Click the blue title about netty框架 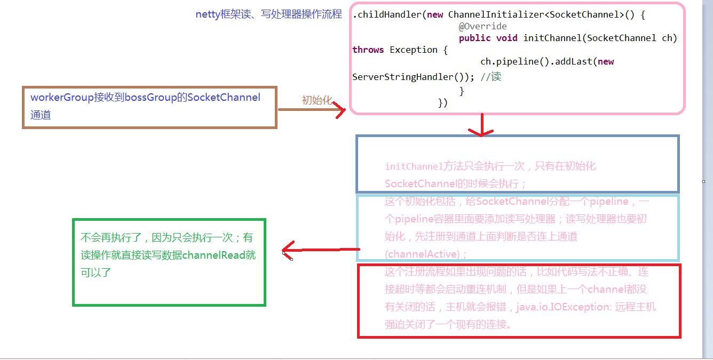[268, 14]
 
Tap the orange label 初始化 [317, 100]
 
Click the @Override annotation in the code [482, 26]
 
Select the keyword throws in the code [368, 50]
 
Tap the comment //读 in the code [490, 77]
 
